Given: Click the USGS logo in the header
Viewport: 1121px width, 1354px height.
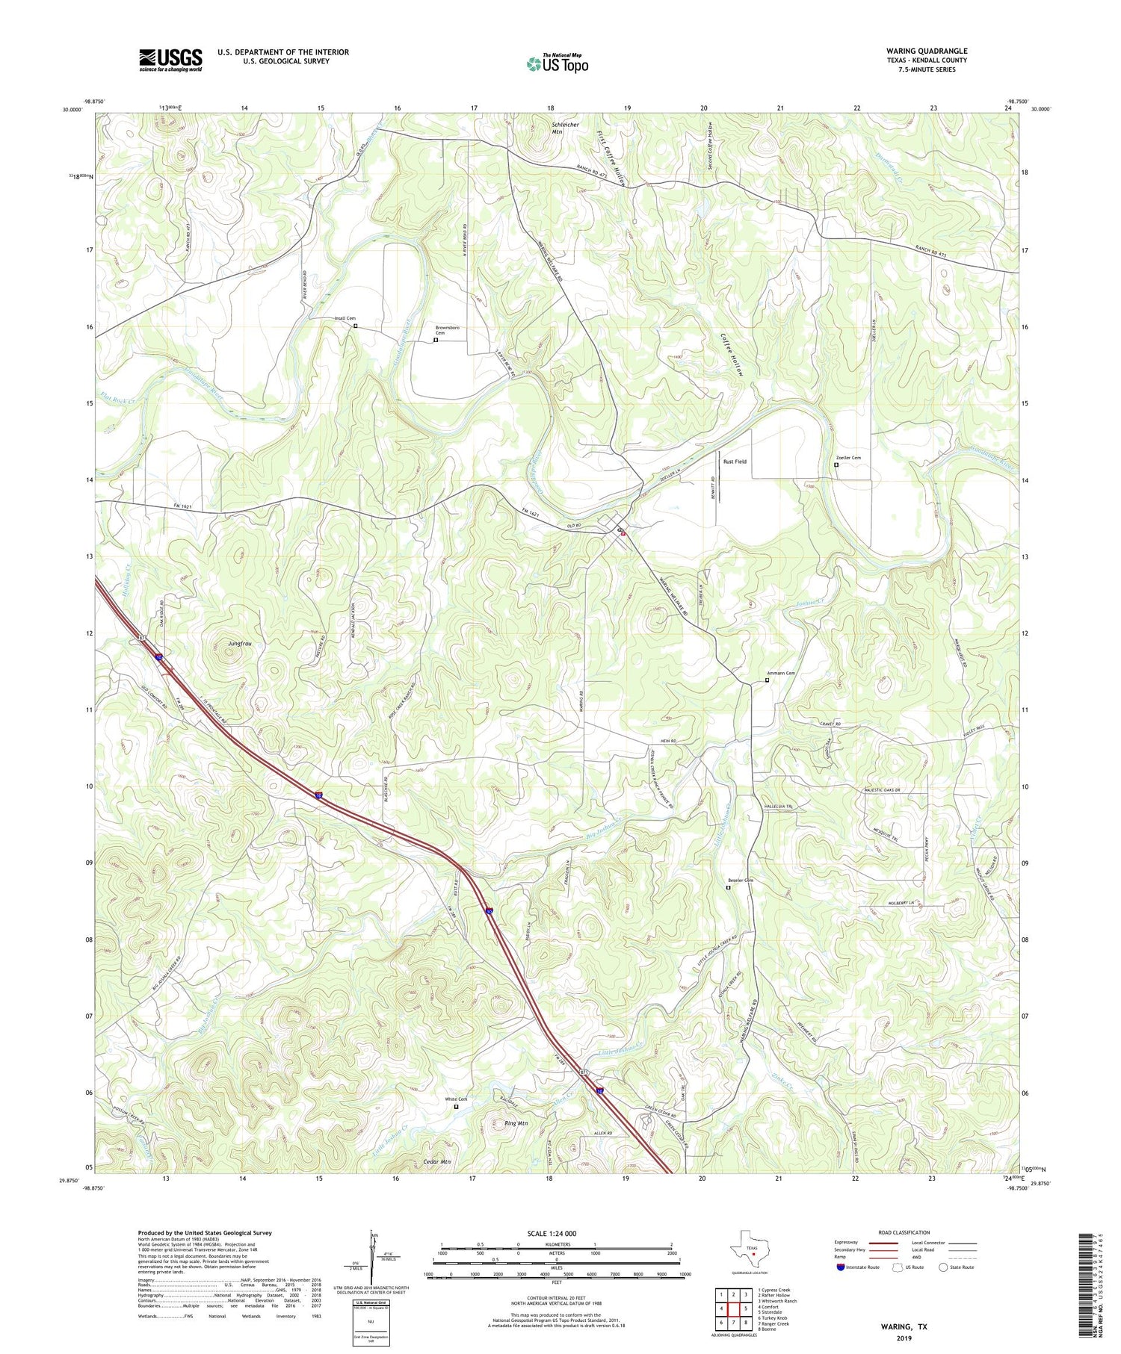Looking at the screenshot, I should [170, 60].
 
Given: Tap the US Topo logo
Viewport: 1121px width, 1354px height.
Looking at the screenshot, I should [557, 63].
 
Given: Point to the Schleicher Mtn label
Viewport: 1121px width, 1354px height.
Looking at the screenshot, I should [566, 128].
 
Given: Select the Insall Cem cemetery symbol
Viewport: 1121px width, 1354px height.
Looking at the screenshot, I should [356, 326].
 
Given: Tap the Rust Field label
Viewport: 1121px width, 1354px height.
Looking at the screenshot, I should [735, 462].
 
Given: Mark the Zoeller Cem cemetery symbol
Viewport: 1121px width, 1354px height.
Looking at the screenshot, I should [836, 465].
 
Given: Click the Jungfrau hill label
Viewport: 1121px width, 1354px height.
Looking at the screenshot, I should [240, 643].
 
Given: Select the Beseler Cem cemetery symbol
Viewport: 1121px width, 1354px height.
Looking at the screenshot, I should [729, 888].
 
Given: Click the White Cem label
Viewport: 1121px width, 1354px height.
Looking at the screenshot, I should [456, 1099].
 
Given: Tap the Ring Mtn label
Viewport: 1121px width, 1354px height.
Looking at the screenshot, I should [516, 1123].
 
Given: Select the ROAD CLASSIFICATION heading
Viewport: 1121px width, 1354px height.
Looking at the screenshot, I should [904, 1232].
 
